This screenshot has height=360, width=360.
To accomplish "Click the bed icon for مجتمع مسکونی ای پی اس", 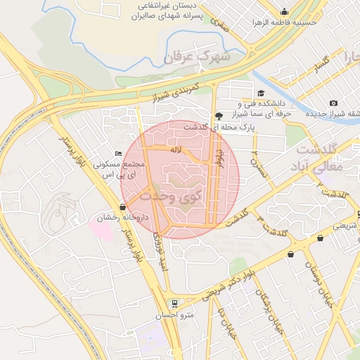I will tap(118, 153).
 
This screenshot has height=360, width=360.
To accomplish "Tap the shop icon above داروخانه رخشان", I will tap(124, 207).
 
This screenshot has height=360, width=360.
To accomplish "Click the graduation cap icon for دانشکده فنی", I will tap(261, 94).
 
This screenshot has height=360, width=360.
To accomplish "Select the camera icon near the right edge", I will tap(333, 103).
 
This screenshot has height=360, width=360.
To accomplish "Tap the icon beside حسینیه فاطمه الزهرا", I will tap(283, 11).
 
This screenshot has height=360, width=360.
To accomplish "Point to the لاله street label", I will tap(176, 150).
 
